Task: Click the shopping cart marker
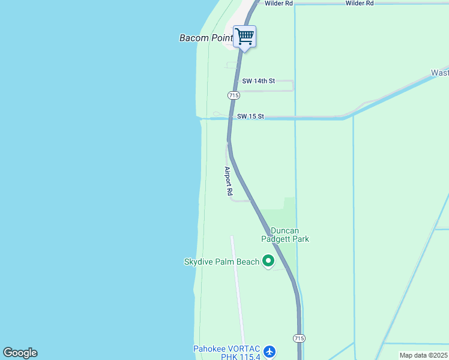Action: [x=244, y=37]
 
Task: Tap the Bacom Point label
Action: [x=206, y=38]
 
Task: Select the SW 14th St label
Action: [x=258, y=81]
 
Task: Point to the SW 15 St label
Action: [x=250, y=116]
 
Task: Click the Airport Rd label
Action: [x=228, y=182]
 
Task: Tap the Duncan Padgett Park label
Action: [x=285, y=235]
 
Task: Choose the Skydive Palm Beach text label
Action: [x=221, y=262]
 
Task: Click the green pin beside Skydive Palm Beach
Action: [x=268, y=261]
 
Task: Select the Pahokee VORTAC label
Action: [x=227, y=349]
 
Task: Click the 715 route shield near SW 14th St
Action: [x=234, y=95]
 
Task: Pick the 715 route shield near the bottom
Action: [x=299, y=339]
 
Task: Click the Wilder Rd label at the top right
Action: [x=360, y=4]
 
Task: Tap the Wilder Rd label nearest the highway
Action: [x=279, y=4]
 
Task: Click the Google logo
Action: [x=20, y=352]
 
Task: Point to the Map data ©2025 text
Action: [x=423, y=355]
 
